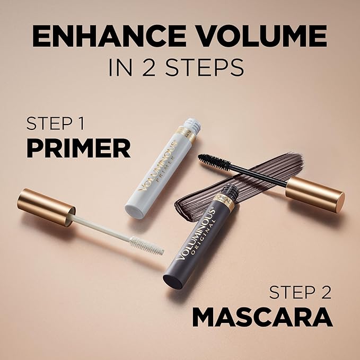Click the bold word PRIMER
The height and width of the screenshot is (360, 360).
pos(78,148)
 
